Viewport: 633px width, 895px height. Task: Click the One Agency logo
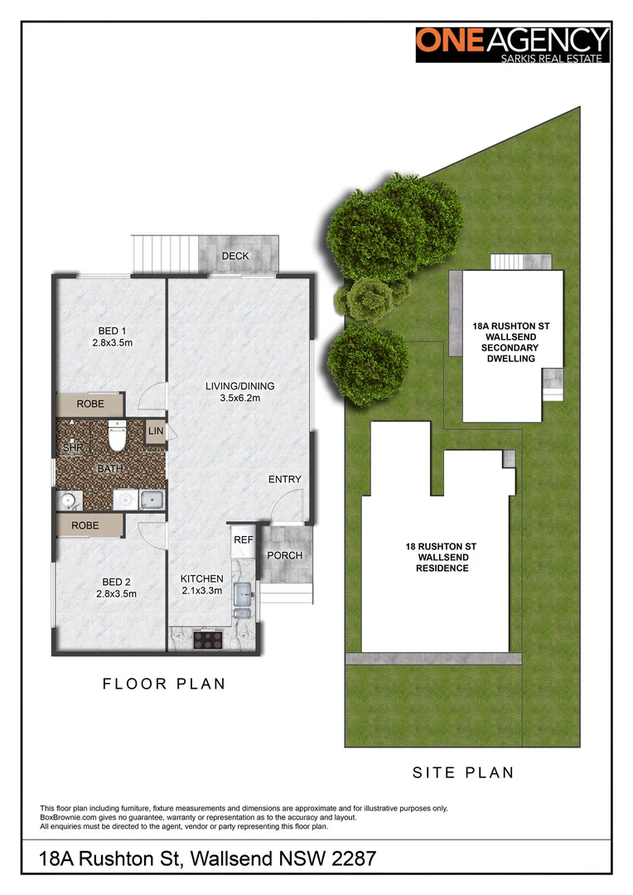(x=513, y=44)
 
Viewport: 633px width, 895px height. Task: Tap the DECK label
(x=235, y=256)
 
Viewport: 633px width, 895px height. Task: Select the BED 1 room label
(x=113, y=336)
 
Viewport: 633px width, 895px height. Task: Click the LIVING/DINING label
(x=240, y=392)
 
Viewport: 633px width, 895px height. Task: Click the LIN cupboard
(x=155, y=432)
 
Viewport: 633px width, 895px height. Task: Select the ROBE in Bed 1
(x=90, y=404)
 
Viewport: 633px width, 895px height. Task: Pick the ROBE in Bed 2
(x=85, y=525)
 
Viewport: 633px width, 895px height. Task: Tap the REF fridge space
(x=243, y=539)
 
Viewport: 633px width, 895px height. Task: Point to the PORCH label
(x=284, y=555)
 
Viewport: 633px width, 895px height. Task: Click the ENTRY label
(x=285, y=480)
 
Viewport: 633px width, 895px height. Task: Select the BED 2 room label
(x=115, y=587)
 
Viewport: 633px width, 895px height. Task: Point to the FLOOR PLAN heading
(x=164, y=684)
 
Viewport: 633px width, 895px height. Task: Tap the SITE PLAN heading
(x=463, y=772)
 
